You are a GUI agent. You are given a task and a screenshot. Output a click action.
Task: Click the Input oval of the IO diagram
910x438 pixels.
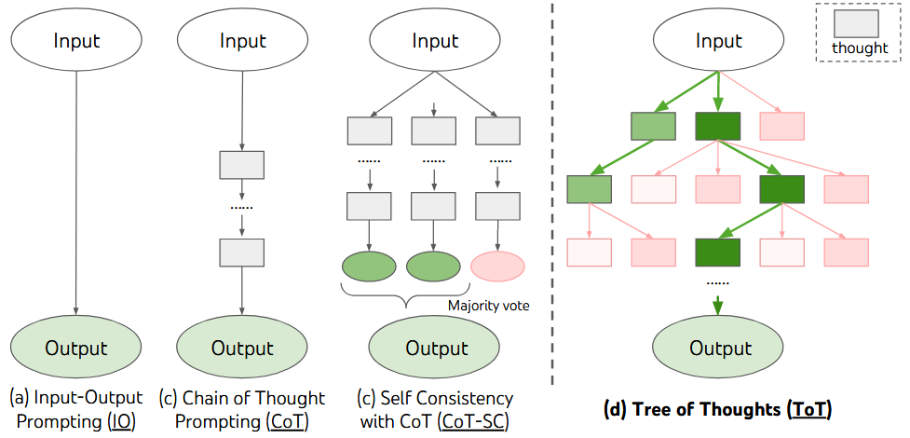(76, 41)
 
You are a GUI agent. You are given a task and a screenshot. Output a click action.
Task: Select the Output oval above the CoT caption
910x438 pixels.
(241, 349)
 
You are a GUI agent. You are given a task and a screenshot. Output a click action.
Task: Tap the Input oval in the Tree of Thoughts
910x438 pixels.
(718, 42)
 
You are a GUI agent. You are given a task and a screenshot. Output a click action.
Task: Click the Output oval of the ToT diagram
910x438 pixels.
(719, 349)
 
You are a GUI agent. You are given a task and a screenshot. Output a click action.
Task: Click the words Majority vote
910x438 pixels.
(489, 304)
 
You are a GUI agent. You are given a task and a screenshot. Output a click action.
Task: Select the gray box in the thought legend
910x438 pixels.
(859, 23)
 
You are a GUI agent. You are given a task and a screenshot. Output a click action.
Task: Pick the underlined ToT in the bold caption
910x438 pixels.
(808, 409)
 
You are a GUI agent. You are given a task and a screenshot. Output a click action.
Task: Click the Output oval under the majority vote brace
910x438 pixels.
(435, 349)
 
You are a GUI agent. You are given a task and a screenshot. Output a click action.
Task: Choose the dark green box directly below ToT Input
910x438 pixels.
(718, 126)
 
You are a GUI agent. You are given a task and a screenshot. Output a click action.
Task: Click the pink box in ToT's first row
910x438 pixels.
(782, 126)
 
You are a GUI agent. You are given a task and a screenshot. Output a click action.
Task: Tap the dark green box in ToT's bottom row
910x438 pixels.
(718, 253)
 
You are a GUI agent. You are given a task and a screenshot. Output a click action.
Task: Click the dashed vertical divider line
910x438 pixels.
(554, 186)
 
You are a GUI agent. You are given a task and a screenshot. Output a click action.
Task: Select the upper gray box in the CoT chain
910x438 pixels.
(241, 165)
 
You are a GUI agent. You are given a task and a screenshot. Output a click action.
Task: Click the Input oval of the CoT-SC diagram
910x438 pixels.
(435, 41)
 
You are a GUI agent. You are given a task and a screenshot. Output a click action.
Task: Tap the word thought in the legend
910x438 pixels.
(859, 48)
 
